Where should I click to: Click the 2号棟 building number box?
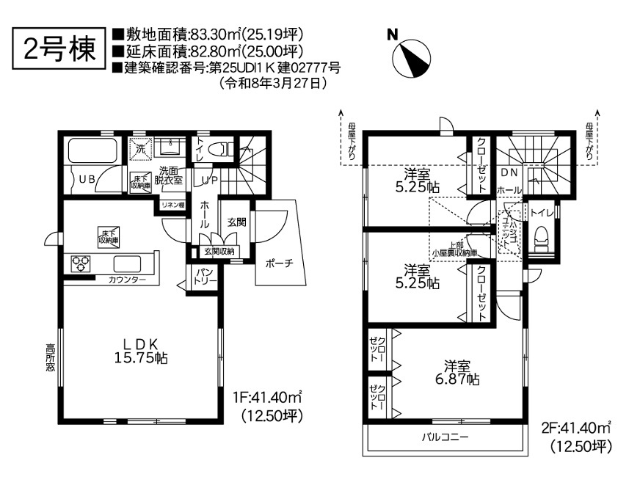59,48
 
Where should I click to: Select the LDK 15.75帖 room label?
141,351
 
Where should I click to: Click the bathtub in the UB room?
93,150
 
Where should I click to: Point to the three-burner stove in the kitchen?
81,263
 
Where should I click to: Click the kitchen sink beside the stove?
128,263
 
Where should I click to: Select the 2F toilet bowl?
542,239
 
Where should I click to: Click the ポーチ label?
279,263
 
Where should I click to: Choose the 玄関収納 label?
219,252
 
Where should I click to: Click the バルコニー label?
445,438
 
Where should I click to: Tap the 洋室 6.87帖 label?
457,372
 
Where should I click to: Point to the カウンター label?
128,280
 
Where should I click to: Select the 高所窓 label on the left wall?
50,358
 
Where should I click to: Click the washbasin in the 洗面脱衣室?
170,147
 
